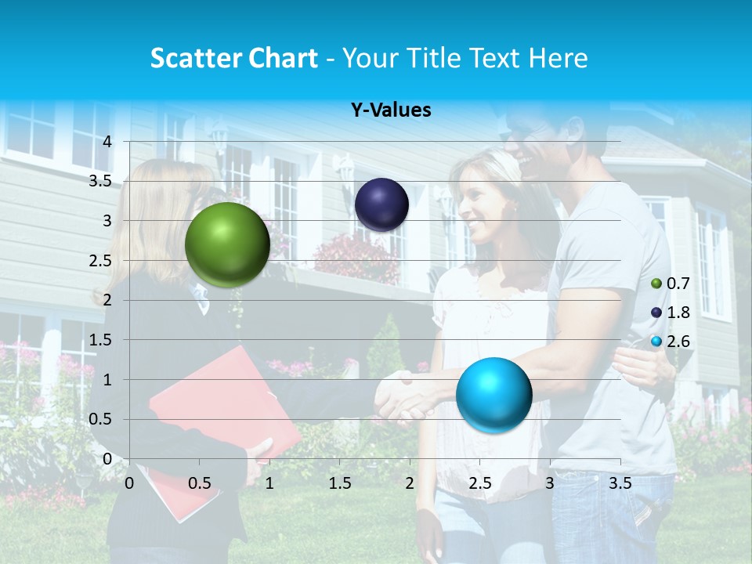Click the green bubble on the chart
(227, 244)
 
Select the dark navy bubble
(381, 204)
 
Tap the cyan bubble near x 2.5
(493, 394)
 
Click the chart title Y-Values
(391, 110)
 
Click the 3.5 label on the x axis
(620, 483)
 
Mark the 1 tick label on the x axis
(269, 483)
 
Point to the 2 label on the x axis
(410, 483)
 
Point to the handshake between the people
(403, 398)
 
